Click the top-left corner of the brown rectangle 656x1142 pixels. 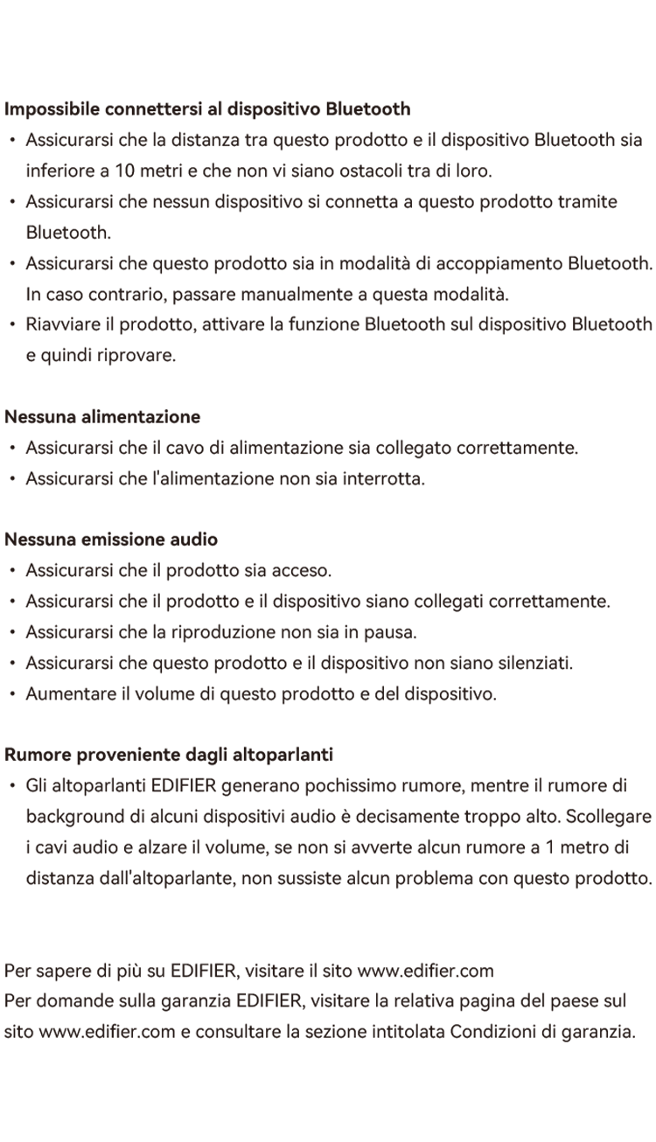tap(4, 101)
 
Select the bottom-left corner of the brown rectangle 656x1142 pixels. tap(4, 1041)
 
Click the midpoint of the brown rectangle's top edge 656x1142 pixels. tap(328, 101)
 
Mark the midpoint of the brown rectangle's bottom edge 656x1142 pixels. tap(328, 1041)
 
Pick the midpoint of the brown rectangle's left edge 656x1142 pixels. tap(4, 571)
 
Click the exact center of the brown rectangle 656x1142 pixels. tap(328, 571)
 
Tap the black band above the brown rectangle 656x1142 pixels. tap(328, 50)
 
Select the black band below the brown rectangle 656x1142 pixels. tap(328, 1092)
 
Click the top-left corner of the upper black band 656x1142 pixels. tap(0, 0)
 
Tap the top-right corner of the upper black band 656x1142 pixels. tap(655, 0)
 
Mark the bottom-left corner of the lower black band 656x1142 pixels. tap(0, 1141)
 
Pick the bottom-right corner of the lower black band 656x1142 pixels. tap(655, 1141)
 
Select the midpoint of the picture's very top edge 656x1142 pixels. tap(328, 0)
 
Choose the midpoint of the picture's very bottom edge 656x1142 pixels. tap(328, 1141)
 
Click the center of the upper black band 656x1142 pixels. tap(328, 50)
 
